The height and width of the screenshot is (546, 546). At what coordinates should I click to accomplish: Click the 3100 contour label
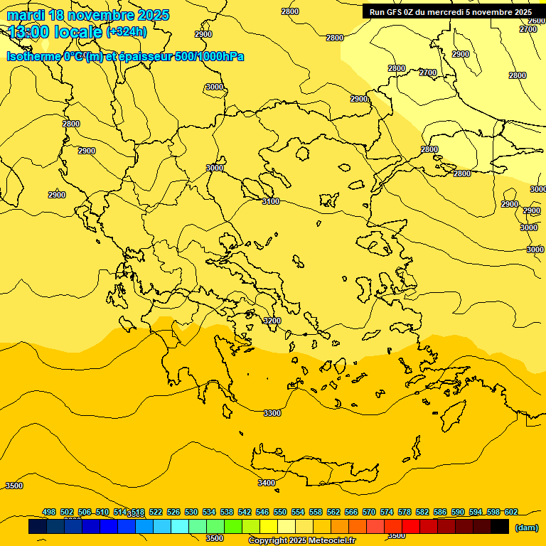click(x=271, y=202)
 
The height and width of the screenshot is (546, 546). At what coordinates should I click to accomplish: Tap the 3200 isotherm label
click(x=272, y=321)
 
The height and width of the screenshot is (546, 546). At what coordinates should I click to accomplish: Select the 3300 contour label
click(x=272, y=413)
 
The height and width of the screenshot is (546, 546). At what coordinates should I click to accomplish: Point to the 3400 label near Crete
click(x=266, y=483)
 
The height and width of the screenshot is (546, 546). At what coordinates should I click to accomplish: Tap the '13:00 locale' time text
click(x=55, y=31)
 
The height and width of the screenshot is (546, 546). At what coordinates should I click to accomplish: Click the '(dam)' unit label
click(x=526, y=528)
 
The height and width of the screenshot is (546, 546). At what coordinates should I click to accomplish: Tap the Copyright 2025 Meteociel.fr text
click(x=301, y=541)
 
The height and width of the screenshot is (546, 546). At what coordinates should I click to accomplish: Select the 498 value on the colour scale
click(x=49, y=513)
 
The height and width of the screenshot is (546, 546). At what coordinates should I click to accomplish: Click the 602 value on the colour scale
click(x=510, y=513)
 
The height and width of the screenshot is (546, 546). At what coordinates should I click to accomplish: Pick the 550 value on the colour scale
click(x=280, y=513)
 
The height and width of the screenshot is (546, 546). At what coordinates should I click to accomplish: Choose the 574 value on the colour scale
click(x=387, y=513)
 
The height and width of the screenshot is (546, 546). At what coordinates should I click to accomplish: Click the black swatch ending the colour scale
click(x=500, y=527)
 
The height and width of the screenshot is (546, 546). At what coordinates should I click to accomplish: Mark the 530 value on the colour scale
click(x=191, y=513)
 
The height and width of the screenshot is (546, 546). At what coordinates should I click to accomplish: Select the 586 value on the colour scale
click(x=440, y=513)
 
